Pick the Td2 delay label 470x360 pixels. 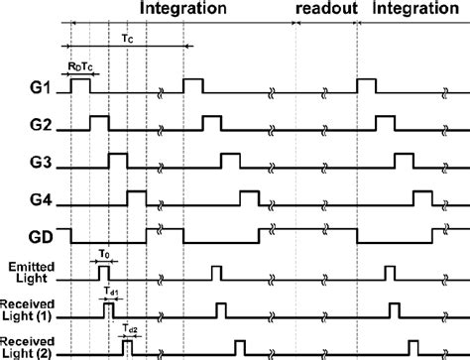tap(129, 326)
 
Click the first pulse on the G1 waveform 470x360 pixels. tap(79, 86)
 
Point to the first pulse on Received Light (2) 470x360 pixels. tap(127, 347)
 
